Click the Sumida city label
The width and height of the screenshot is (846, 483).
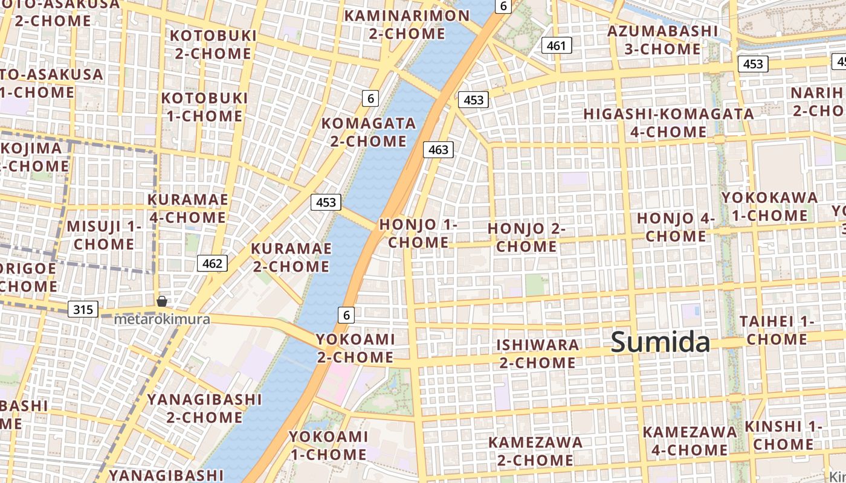tap(660, 342)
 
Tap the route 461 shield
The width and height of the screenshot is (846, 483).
tap(556, 45)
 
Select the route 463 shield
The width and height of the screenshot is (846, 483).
tap(438, 149)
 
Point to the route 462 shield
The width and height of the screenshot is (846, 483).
tap(212, 263)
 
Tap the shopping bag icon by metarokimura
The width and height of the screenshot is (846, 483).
tap(162, 301)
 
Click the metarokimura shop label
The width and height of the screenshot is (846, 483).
tap(162, 319)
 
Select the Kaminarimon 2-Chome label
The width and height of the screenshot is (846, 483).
tap(406, 24)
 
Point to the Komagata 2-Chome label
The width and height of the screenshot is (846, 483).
tap(369, 132)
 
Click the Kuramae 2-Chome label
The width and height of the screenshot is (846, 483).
tap(291, 257)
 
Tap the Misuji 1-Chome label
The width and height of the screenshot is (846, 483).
tap(104, 235)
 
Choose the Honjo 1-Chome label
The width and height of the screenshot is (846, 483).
tap(418, 233)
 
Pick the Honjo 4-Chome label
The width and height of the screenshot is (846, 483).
tap(676, 226)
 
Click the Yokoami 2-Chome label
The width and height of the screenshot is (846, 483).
tap(355, 348)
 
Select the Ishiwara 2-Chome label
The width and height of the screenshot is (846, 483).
tap(537, 353)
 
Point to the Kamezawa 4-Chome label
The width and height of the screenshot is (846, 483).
tap(689, 441)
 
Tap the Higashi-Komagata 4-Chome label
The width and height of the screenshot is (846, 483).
tap(668, 123)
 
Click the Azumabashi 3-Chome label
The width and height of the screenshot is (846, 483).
tap(662, 40)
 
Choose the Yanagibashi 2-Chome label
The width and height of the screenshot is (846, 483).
tap(204, 408)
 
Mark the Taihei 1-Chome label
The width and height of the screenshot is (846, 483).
tap(777, 330)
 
